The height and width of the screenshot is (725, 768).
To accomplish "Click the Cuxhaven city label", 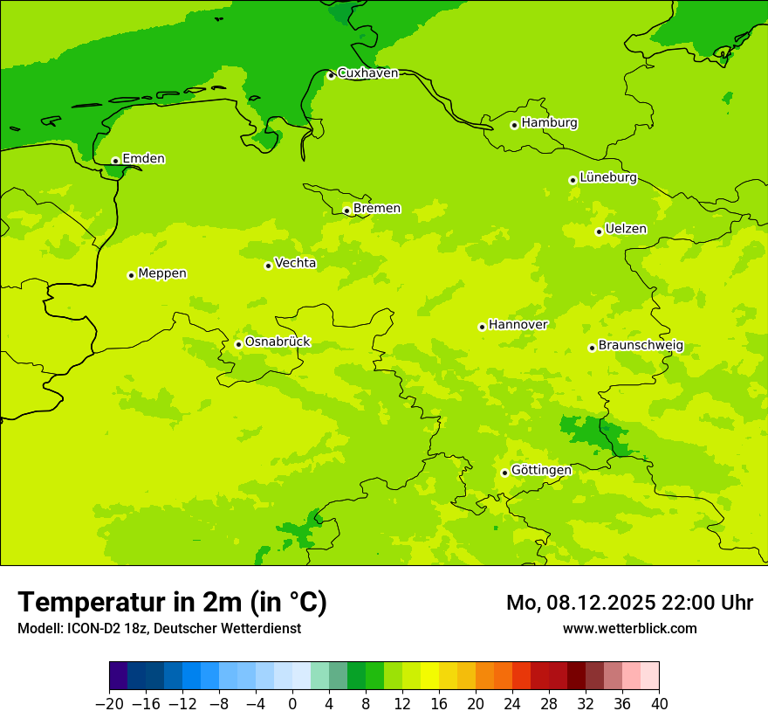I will click(367, 73).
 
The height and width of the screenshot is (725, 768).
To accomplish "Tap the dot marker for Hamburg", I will click(514, 125).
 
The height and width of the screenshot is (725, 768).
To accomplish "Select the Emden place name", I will click(143, 159).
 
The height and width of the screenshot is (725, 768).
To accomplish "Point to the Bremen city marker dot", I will click(346, 211).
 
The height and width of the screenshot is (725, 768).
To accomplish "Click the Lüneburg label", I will click(608, 178).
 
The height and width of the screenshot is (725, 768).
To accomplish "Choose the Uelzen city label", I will click(626, 230).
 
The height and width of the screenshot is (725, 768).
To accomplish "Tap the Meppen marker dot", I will click(131, 275).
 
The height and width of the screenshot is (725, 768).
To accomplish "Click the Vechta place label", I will click(295, 264).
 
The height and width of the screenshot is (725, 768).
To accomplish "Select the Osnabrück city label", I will click(278, 342).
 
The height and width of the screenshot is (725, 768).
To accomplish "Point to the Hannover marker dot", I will click(482, 327).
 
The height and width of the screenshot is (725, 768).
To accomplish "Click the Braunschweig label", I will click(641, 346).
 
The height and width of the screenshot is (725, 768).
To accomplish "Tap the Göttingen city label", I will click(541, 471).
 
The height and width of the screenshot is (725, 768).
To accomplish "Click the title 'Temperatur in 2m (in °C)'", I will click(172, 603).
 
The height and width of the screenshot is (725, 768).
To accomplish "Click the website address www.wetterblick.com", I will click(629, 629).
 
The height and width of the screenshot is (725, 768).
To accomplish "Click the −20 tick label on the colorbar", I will click(109, 704).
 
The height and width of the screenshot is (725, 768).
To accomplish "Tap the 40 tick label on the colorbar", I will click(659, 704).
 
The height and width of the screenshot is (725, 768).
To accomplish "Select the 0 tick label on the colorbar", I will click(292, 704).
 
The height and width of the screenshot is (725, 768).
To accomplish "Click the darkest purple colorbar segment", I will click(118, 676).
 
